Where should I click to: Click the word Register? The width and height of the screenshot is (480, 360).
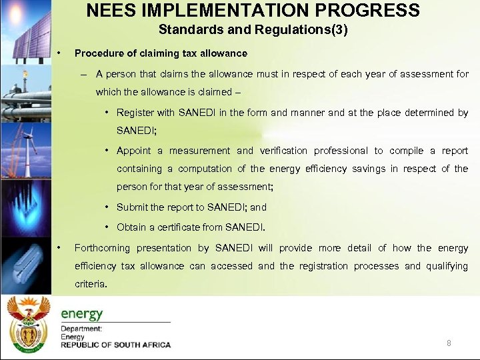[136, 113]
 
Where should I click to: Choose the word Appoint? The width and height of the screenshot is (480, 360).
[136, 151]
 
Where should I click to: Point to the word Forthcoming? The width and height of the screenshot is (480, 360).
[103, 248]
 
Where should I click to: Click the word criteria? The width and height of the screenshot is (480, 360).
[90, 283]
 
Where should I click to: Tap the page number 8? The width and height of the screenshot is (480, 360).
[449, 343]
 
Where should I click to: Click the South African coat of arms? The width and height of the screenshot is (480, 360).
[28, 327]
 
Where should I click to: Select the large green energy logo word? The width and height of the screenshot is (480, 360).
[82, 313]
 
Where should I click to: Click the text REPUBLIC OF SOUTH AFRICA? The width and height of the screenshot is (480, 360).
[116, 345]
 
